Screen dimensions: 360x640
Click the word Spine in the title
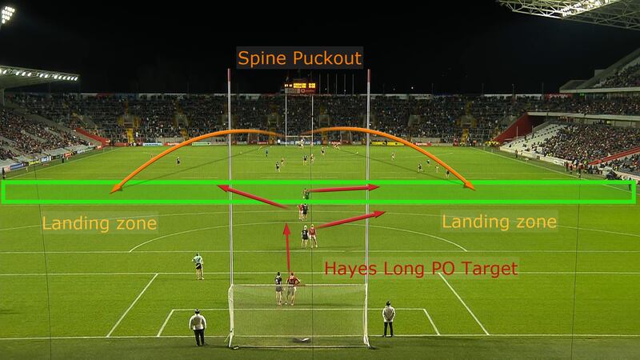[x=259, y=58]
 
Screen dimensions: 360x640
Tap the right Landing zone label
[x=500, y=221]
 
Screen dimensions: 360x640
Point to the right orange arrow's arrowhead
[x=471, y=188]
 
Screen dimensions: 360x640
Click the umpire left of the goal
[x=198, y=326]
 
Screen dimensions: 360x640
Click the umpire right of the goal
[x=388, y=318]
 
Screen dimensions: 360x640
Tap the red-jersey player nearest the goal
[x=294, y=289]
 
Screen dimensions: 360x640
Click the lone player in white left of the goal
[x=198, y=266]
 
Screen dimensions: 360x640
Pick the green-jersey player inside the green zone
[x=306, y=194]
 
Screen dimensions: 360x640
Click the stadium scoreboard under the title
[x=299, y=85]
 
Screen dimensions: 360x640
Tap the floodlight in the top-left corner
[x=7, y=14]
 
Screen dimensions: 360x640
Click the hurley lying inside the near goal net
[x=301, y=340]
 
